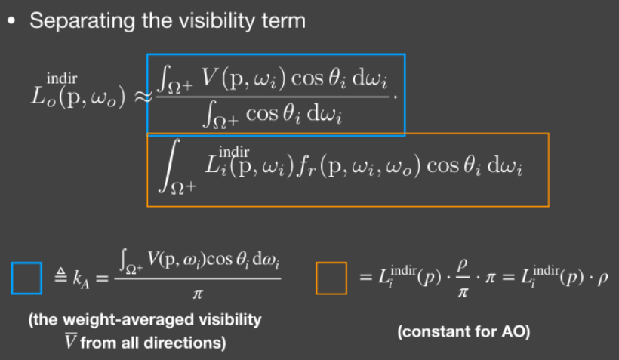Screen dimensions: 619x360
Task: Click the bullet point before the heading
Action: (x=11, y=21)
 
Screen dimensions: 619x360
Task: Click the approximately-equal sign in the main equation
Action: (x=143, y=96)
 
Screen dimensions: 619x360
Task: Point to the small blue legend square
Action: (x=27, y=278)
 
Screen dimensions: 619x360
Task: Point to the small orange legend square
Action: (x=331, y=278)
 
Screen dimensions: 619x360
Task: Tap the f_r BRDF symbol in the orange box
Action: (x=306, y=166)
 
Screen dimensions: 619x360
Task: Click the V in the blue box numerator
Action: (x=209, y=78)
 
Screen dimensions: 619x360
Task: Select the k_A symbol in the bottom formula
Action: (x=81, y=278)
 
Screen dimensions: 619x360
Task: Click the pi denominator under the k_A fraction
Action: (x=198, y=294)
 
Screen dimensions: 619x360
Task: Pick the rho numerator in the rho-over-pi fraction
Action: (x=463, y=264)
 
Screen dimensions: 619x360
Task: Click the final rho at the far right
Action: (x=602, y=278)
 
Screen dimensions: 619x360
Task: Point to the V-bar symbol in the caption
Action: (x=71, y=341)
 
